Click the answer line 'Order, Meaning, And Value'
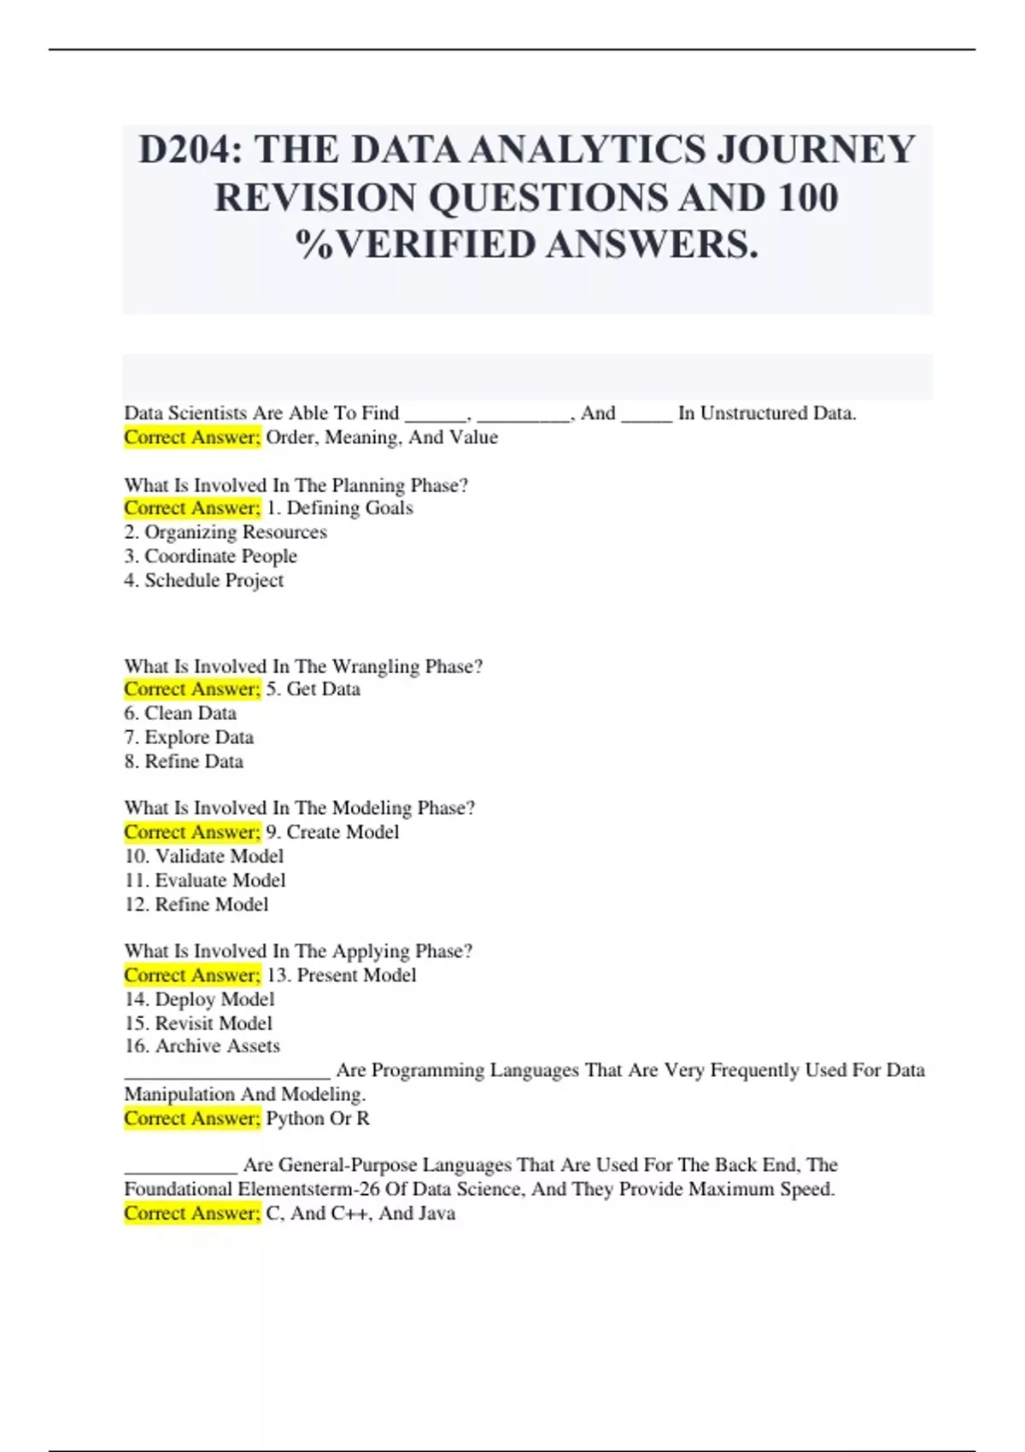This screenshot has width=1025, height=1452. coord(382,437)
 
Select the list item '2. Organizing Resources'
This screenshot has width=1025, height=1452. coord(225,532)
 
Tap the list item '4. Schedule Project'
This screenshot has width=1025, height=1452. coord(203,581)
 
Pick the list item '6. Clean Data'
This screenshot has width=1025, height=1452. coord(180,713)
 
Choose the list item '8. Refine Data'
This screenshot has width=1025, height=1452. coord(184,761)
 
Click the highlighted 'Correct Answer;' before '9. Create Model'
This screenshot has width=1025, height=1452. coord(192,832)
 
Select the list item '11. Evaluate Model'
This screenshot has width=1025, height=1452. coord(205,880)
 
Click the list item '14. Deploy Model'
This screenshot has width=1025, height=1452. coord(199,999)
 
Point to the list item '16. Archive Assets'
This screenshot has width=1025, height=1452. coord(202,1046)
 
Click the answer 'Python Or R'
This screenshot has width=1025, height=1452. coord(318,1119)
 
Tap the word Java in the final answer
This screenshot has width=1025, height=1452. coord(436,1214)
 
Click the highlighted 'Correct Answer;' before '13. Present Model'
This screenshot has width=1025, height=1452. coord(192,975)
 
